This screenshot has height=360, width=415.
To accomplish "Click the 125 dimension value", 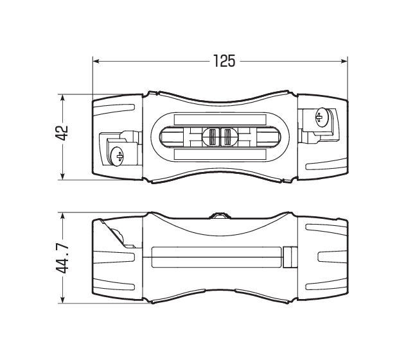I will pos(224,61).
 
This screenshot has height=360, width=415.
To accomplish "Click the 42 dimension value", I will pos(62,133).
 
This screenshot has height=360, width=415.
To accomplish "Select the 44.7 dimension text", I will pos(62,257).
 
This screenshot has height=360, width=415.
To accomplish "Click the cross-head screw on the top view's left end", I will pos(118,155).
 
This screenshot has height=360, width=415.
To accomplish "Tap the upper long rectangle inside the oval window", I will pos(219,119).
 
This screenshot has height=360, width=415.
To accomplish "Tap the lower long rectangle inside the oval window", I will pos(219,154).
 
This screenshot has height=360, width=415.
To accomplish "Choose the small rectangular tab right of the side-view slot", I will pos(289,258).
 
